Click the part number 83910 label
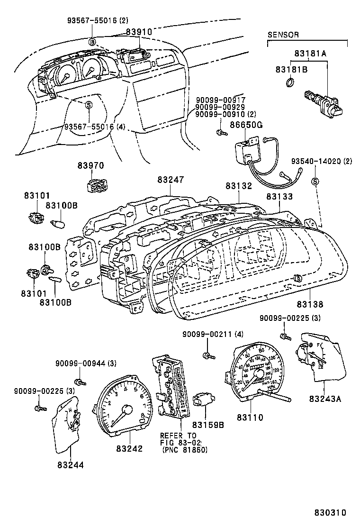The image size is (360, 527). pyautogui.click(x=138, y=32)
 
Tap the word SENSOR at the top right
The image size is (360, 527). pyautogui.click(x=283, y=35)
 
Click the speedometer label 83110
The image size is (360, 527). pyautogui.click(x=250, y=417)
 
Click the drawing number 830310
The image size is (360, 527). pyautogui.click(x=329, y=513)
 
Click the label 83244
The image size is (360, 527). pyautogui.click(x=71, y=465)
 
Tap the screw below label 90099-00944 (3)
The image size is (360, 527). pyautogui.click(x=79, y=381)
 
